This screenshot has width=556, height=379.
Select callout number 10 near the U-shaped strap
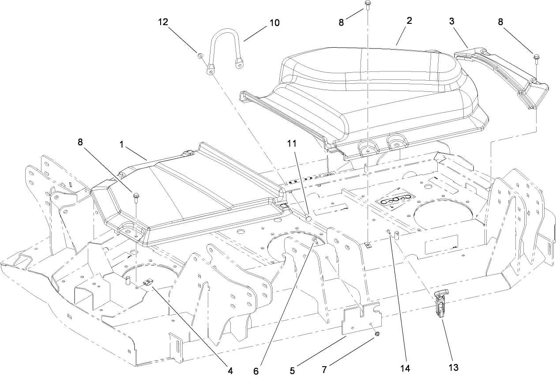[274, 23]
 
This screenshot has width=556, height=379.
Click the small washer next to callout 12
[200, 56]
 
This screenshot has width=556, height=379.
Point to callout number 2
[410, 21]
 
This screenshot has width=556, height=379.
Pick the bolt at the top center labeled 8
[368, 4]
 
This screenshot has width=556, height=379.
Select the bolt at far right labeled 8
[537, 57]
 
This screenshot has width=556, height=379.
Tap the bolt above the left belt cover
[136, 195]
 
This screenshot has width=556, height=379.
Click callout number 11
[292, 143]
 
